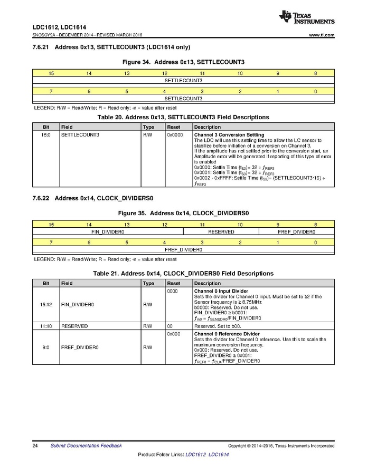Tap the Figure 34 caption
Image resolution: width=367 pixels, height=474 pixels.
coord(183,62)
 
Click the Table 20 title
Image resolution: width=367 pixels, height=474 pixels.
coord(183,117)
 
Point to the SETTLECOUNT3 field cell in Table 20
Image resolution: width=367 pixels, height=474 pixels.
coord(80,135)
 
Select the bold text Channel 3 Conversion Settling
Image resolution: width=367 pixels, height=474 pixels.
coord(229,135)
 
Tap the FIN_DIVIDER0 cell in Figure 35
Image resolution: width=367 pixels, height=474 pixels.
coord(108,231)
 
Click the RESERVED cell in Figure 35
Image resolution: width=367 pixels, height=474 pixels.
coord(221,231)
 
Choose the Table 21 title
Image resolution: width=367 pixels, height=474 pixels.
coord(183,274)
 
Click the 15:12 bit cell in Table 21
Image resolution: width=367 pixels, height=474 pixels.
coord(46,304)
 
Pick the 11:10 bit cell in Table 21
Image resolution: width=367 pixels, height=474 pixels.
coord(46,326)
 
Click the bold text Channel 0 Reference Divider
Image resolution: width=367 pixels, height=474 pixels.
coord(227,334)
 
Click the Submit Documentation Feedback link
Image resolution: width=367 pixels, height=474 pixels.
coord(86,446)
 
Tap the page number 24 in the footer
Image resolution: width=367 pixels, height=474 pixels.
coord(35,446)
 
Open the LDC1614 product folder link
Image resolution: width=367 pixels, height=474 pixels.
coord(219,454)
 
